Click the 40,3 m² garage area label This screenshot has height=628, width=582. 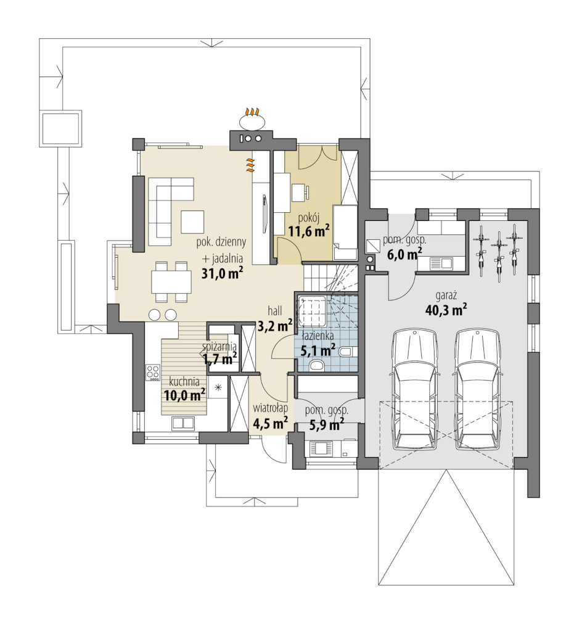click(x=446, y=310)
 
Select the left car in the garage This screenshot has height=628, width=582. click(x=414, y=389)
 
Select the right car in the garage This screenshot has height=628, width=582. click(x=477, y=389)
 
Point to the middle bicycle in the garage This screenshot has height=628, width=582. click(x=498, y=255)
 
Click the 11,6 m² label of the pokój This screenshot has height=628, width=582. click(x=309, y=231)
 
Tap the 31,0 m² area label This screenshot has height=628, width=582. click(x=222, y=274)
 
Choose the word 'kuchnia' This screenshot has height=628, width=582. click(x=184, y=381)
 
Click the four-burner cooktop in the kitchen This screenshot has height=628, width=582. click(x=152, y=372)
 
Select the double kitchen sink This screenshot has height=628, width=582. click(x=183, y=423)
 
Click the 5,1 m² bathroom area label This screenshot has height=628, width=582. click(x=318, y=351)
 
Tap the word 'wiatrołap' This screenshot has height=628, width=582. click(x=271, y=409)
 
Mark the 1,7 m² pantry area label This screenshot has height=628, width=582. click(x=220, y=358)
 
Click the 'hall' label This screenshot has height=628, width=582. click(x=275, y=311)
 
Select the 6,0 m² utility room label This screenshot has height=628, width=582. click(x=404, y=254)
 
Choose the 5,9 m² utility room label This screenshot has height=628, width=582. click(x=327, y=424)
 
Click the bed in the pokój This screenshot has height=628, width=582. click(x=345, y=233)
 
